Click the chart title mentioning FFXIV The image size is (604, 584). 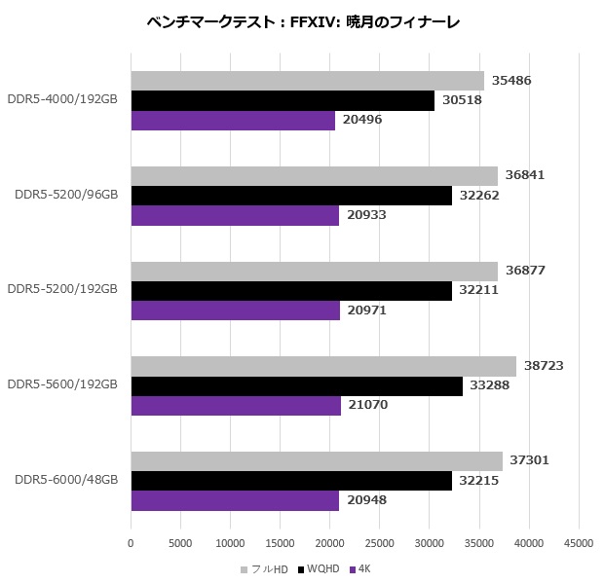[301, 21]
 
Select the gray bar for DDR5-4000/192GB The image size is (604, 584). [307, 81]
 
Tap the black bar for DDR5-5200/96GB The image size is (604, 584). [291, 196]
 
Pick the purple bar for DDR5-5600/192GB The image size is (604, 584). [236, 406]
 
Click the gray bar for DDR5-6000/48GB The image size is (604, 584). [317, 461]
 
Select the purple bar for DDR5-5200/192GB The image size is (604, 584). [236, 310]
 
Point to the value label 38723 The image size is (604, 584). [544, 366]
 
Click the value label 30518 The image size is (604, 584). [461, 101]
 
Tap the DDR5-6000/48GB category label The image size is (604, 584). [66, 479]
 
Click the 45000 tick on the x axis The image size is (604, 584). [579, 542]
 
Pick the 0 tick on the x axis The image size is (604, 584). [131, 542]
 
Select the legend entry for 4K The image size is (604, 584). [360, 567]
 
